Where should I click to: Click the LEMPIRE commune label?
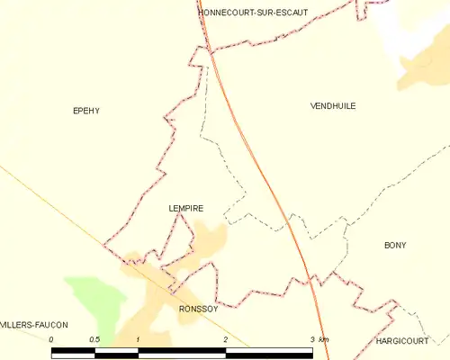point(185,208)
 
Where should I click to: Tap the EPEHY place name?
point(85,111)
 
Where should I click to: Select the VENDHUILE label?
point(333,105)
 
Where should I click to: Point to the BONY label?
point(395,245)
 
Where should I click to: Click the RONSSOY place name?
point(198,308)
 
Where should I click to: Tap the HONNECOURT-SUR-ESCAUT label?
point(253,12)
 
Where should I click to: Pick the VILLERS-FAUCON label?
point(34,325)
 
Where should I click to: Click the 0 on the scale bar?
point(52,339)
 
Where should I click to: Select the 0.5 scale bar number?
point(94,339)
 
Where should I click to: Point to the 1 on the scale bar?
point(138,339)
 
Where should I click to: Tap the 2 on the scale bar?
point(225,339)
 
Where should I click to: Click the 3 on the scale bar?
point(312,339)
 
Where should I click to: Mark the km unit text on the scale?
point(324,339)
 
